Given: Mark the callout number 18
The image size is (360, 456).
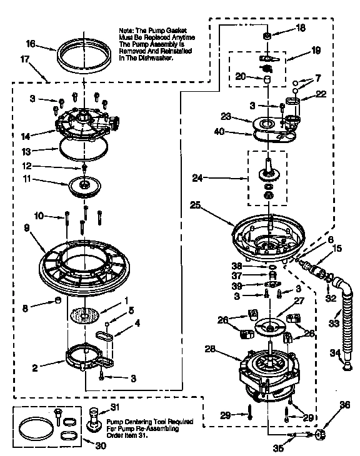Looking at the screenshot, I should (301, 29).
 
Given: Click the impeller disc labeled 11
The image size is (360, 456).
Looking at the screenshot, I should (85, 186).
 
